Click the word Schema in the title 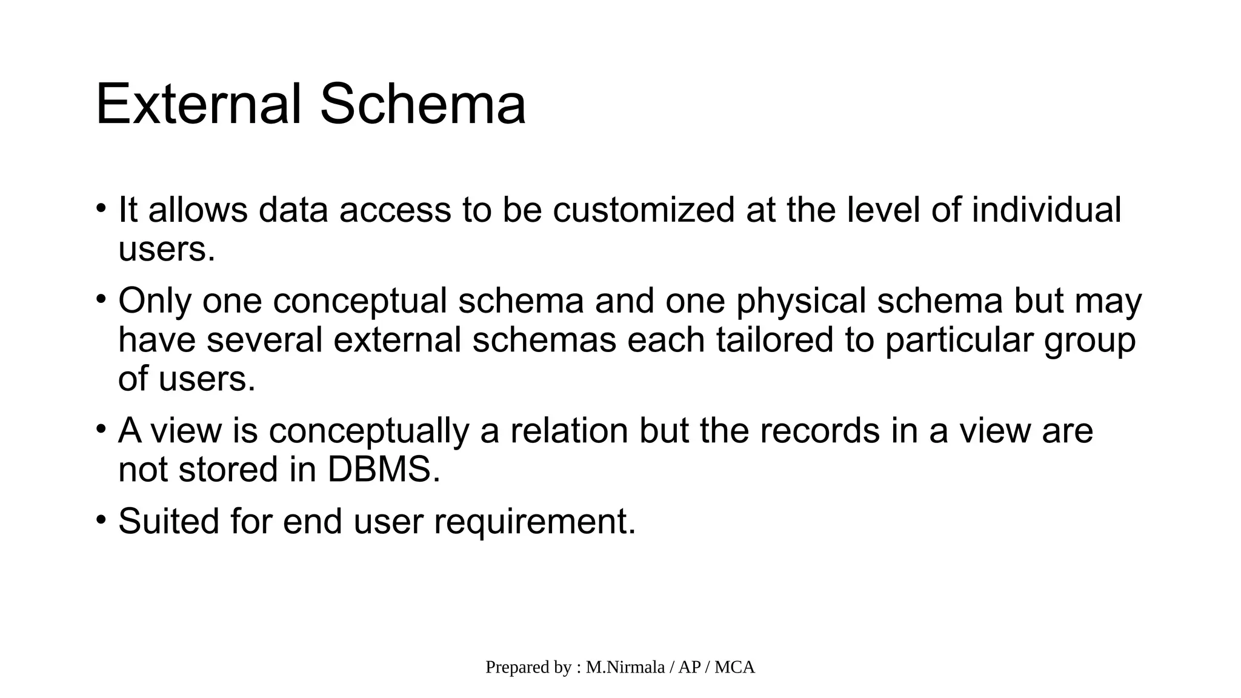(422, 104)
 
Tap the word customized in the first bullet (643, 210)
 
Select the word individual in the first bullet (1046, 210)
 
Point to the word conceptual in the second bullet (360, 301)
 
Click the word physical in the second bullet (801, 302)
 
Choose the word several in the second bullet (264, 339)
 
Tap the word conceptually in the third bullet (369, 431)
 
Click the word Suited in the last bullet (168, 521)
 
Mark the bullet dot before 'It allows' (101, 208)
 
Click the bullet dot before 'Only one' (101, 299)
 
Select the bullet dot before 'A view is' (101, 430)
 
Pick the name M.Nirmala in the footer (625, 667)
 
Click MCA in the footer (734, 667)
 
